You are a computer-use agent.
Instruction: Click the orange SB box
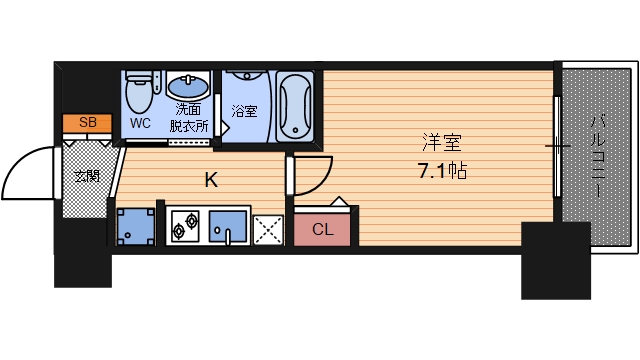[x=88, y=123]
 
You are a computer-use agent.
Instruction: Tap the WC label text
[x=140, y=124]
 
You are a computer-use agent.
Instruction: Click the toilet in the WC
[x=140, y=93]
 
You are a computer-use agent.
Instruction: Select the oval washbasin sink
[x=185, y=87]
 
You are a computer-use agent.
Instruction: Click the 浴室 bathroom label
[x=244, y=111]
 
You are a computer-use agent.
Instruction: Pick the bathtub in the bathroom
[x=295, y=105]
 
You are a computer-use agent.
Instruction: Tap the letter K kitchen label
[x=211, y=181]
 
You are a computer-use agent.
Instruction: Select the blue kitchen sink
[x=229, y=228]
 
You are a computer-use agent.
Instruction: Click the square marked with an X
[x=268, y=230]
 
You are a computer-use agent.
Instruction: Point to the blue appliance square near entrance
[x=135, y=227]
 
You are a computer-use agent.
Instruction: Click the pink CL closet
[x=322, y=229]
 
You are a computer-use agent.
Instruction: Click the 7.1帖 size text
[x=441, y=170]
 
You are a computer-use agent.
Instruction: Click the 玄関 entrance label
[x=87, y=176]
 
